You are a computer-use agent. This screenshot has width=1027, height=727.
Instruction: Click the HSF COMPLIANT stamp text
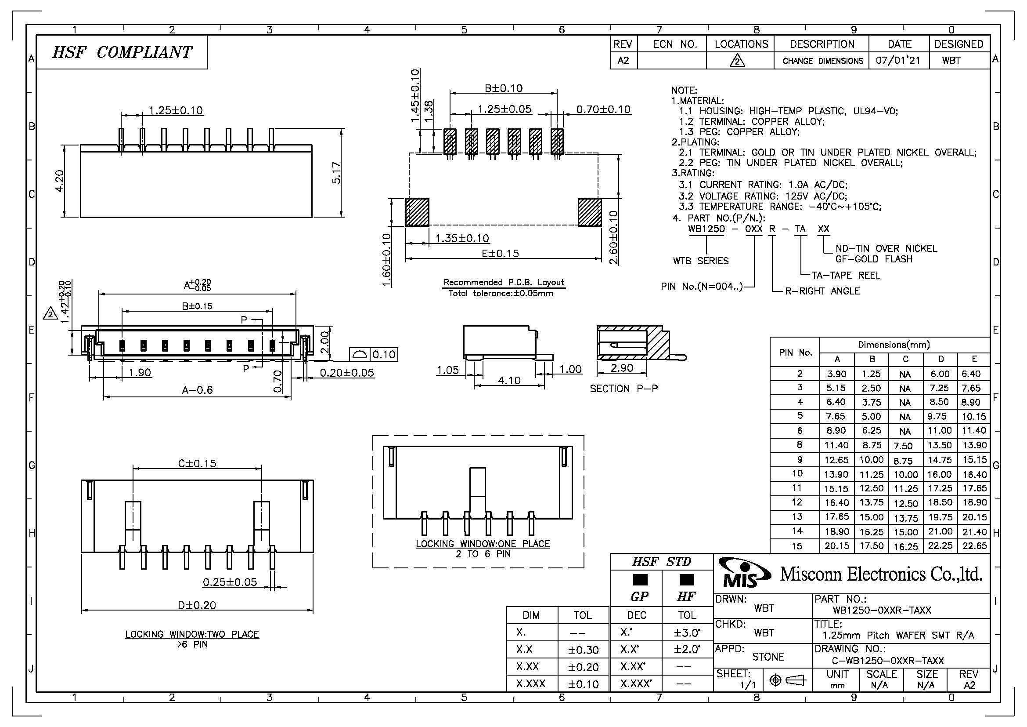pyautogui.click(x=122, y=53)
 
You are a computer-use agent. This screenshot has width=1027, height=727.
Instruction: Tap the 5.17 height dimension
pyautogui.click(x=337, y=172)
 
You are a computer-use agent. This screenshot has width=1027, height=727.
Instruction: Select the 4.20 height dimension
pyautogui.click(x=59, y=181)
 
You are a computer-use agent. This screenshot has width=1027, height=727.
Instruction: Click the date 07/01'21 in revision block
pyautogui.click(x=898, y=60)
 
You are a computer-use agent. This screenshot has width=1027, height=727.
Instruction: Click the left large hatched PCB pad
pyautogui.click(x=417, y=213)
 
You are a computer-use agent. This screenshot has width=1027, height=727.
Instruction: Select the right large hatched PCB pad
pyautogui.click(x=589, y=213)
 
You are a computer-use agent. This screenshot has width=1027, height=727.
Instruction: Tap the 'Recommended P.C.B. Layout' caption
pyautogui.click(x=504, y=283)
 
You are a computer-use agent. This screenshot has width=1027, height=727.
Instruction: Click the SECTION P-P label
pyautogui.click(x=623, y=389)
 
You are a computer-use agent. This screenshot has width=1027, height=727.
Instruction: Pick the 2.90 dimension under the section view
pyautogui.click(x=622, y=368)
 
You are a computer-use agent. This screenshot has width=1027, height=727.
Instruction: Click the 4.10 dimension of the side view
pyautogui.click(x=509, y=381)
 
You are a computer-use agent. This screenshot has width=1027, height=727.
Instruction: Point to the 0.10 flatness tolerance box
pyautogui.click(x=384, y=355)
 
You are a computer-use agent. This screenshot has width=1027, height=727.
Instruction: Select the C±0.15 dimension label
pyautogui.click(x=197, y=463)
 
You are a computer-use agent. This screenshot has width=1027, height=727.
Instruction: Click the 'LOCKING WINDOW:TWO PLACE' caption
pyautogui.click(x=192, y=634)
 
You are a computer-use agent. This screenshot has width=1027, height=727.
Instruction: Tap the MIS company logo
pyautogui.click(x=744, y=573)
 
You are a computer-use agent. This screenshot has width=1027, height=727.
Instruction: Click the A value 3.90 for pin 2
pyautogui.click(x=836, y=374)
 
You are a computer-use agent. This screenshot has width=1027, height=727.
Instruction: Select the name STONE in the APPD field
pyautogui.click(x=768, y=657)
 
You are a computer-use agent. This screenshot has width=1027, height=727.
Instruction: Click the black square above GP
pyautogui.click(x=640, y=580)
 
